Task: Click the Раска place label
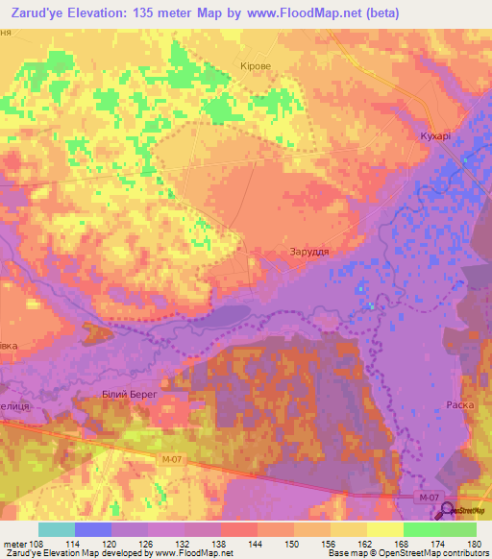coord(459,405)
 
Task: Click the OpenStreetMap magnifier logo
coord(447,510)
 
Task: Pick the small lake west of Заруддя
coord(227,314)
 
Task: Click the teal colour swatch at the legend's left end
coord(57,529)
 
